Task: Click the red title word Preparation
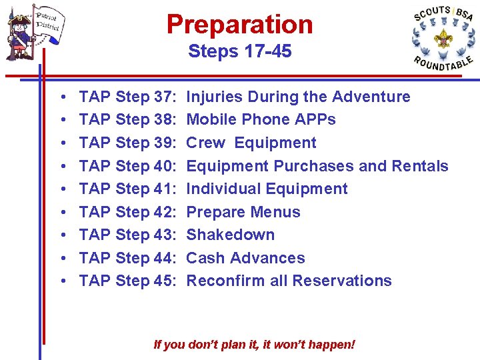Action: [x=239, y=25]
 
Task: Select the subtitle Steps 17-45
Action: [x=239, y=51]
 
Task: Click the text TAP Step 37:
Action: [x=127, y=97]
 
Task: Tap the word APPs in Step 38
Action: [x=317, y=120]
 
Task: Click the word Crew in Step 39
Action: [x=205, y=143]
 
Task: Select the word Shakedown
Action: [x=231, y=235]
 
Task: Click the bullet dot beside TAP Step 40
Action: [x=61, y=167]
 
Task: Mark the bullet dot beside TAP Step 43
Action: [x=61, y=235]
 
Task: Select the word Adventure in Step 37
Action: [x=371, y=97]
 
